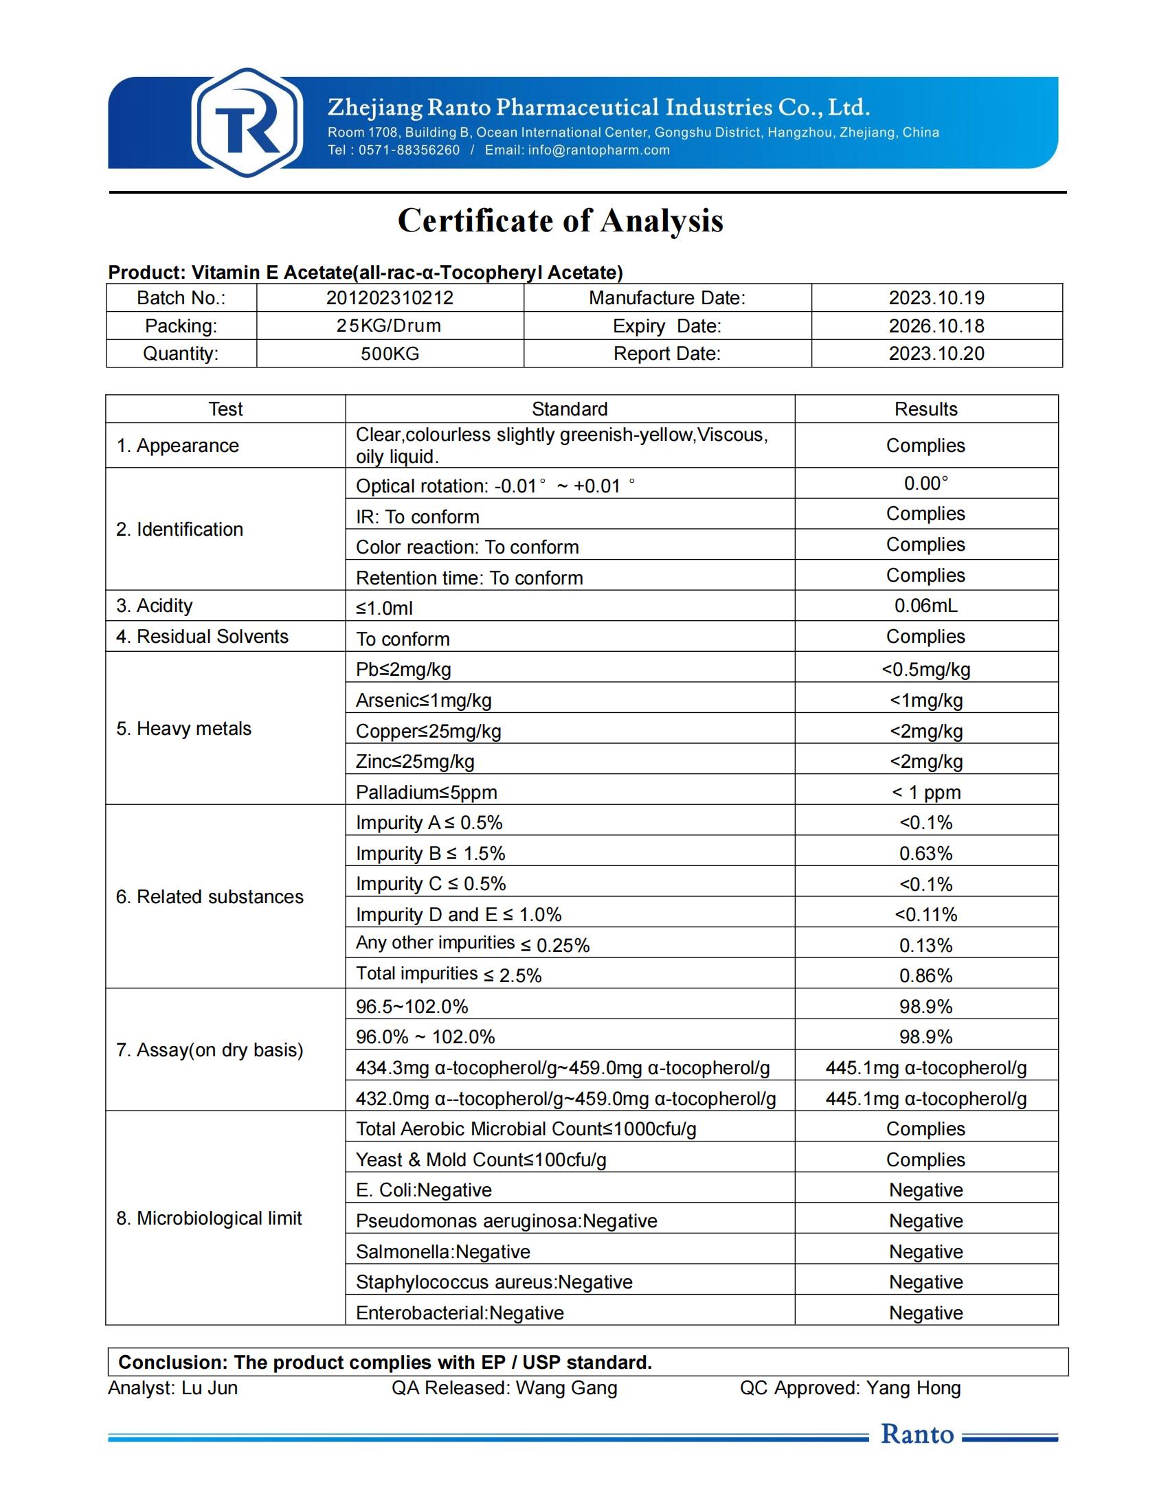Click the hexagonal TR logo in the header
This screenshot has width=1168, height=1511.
(x=247, y=122)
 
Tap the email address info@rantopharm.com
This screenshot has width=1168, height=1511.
(x=598, y=150)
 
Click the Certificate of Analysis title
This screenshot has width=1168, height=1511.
(x=560, y=220)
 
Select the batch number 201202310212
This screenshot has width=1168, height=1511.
(x=390, y=298)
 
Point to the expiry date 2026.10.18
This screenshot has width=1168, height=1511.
(x=936, y=326)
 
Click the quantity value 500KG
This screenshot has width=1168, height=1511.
(x=390, y=354)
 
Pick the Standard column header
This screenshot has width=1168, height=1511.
(x=570, y=409)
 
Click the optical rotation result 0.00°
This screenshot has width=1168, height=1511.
(x=926, y=484)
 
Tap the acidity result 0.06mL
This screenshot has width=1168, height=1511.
(x=926, y=606)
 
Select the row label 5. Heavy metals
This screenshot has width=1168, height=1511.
(x=183, y=729)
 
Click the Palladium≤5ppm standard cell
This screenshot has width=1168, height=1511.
(x=426, y=792)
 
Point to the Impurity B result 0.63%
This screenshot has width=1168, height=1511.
(x=926, y=854)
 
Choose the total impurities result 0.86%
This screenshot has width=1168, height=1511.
(x=926, y=976)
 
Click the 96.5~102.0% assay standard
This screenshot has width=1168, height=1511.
(x=412, y=1007)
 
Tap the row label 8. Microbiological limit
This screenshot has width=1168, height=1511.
(x=209, y=1218)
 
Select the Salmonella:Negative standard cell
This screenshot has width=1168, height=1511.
(x=443, y=1252)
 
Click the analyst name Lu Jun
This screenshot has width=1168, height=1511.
(x=209, y=1388)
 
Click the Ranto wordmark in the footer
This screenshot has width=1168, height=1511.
(x=917, y=1434)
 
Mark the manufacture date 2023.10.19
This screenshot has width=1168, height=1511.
(x=936, y=298)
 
